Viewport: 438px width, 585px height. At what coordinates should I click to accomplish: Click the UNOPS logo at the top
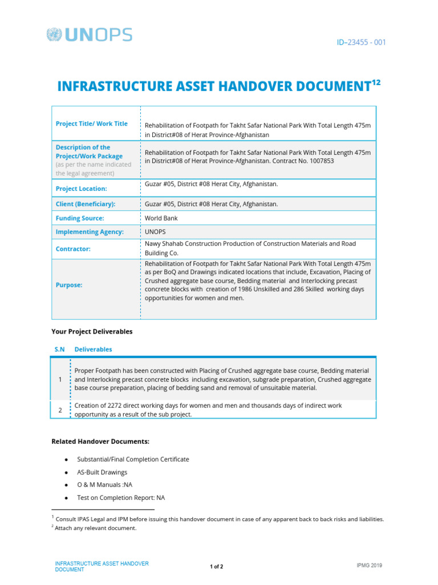89,35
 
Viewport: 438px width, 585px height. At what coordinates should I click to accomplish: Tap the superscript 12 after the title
375,82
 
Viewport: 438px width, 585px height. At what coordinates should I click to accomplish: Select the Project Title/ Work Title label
91,123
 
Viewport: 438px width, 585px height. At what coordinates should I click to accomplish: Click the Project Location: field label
81,189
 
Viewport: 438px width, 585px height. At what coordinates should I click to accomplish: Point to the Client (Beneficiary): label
85,204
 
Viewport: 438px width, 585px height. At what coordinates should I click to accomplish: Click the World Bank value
161,218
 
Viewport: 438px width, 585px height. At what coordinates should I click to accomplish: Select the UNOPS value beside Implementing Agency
155,232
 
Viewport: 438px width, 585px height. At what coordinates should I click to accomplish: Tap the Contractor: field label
72,249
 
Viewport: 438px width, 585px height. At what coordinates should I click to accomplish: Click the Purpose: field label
69,285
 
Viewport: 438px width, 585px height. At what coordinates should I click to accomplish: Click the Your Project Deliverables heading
92,331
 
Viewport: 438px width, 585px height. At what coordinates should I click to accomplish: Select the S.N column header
59,349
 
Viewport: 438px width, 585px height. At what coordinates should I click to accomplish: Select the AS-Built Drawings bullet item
102,472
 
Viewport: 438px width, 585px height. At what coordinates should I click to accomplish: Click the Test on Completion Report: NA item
121,498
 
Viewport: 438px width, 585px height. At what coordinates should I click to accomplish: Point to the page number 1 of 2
216,567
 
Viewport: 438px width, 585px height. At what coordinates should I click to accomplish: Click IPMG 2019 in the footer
369,566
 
